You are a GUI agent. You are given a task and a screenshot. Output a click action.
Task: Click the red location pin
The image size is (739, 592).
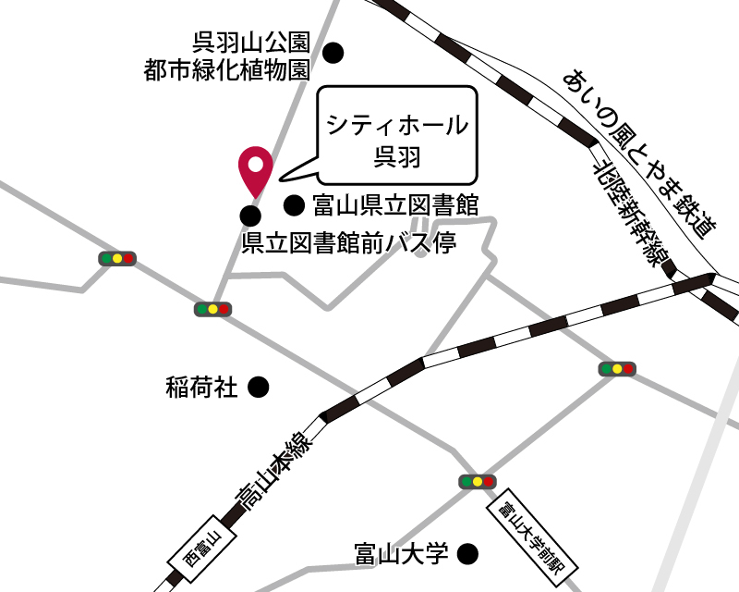(x=254, y=168)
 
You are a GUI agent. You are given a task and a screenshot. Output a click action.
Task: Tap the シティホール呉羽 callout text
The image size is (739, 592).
(x=396, y=140)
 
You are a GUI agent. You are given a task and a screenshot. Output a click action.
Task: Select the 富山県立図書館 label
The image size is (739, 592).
(x=394, y=204)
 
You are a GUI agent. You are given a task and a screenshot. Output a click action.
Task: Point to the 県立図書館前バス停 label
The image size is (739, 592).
(x=349, y=242)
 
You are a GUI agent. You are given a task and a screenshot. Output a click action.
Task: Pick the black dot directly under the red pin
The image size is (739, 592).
(x=249, y=216)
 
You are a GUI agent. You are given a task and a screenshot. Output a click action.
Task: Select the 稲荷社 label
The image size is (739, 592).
(x=202, y=387)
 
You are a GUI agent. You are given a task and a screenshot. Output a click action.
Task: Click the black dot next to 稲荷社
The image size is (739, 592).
(x=260, y=387)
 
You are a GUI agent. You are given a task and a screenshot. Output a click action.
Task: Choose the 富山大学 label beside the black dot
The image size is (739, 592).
(x=401, y=554)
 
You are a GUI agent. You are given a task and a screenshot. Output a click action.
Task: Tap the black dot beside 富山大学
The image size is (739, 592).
(x=469, y=554)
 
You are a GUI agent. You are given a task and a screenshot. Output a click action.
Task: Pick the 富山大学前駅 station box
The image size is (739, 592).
(x=530, y=542)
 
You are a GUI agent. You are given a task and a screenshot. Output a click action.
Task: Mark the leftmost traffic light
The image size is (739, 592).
(x=117, y=259)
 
